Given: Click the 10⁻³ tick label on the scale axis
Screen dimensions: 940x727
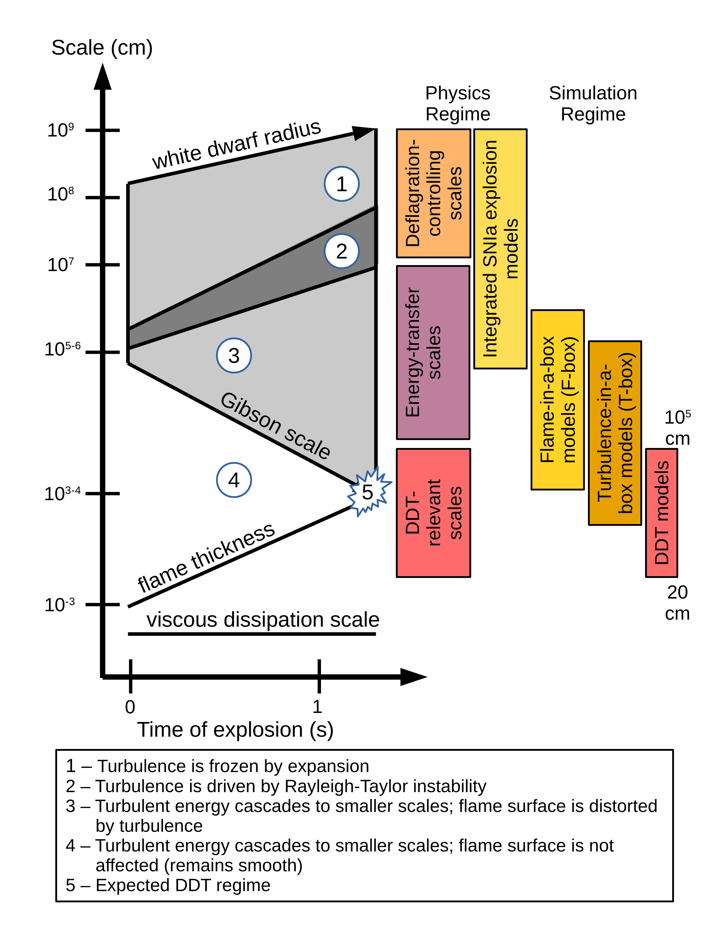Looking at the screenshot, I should pos(59,605).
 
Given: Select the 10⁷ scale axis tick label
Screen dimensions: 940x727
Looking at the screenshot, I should pos(60,265).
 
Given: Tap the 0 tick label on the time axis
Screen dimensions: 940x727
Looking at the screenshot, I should pos(130,707).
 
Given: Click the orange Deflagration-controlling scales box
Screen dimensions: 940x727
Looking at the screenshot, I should pos(433,193).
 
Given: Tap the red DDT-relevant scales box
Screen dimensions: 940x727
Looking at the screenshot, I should pos(433,513).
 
